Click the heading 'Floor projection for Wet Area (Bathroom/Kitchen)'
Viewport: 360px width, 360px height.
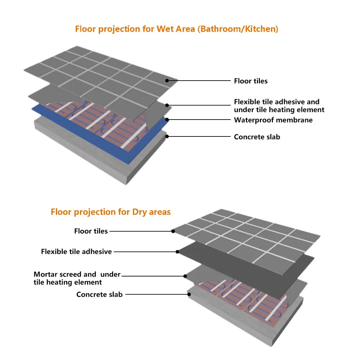pos(176,29)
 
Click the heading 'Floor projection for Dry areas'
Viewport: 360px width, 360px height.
pos(111,212)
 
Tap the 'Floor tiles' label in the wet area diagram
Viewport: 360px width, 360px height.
pos(251,81)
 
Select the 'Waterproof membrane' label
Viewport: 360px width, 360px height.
pos(273,120)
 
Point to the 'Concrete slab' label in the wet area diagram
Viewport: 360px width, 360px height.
pos(257,137)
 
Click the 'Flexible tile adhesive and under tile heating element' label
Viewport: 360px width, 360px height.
pos(279,106)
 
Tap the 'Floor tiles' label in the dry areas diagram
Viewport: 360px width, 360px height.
pos(91,231)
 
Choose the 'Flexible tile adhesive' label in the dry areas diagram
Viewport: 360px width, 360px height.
pos(76,252)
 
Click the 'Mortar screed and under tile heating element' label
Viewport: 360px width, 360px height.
pos(77,278)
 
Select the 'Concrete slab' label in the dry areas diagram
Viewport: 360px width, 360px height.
pos(99,294)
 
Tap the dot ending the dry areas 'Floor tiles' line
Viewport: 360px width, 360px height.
pos(173,231)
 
